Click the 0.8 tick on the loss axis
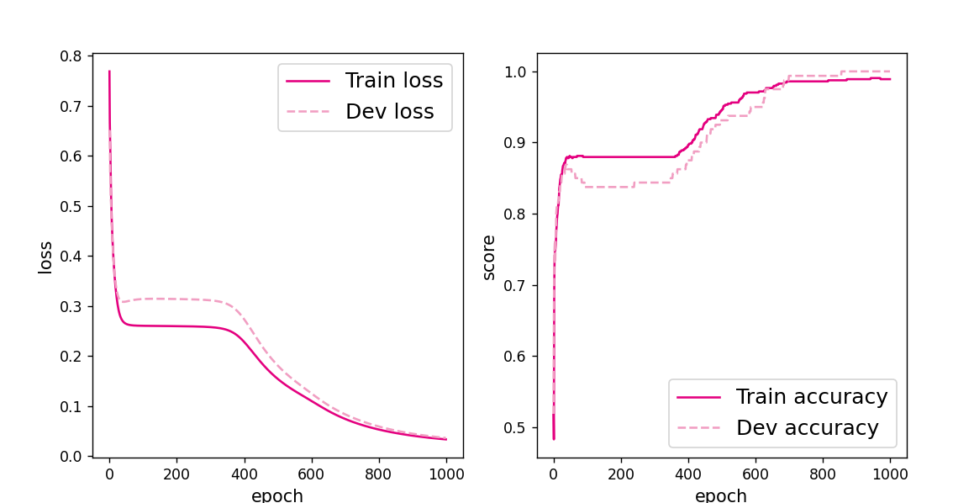(71, 56)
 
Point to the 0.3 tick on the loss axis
(71, 306)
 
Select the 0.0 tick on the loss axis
(71, 456)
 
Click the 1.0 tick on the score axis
(515, 71)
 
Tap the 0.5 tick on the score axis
(515, 427)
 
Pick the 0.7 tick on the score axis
(515, 285)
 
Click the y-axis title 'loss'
(45, 257)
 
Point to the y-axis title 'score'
(489, 257)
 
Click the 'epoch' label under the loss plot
(277, 495)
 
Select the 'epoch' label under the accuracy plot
(721, 495)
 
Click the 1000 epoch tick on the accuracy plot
(890, 473)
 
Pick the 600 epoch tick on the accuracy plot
(756, 473)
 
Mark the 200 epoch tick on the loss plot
(176, 473)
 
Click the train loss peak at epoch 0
(109, 71)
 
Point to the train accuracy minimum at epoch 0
(554, 438)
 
